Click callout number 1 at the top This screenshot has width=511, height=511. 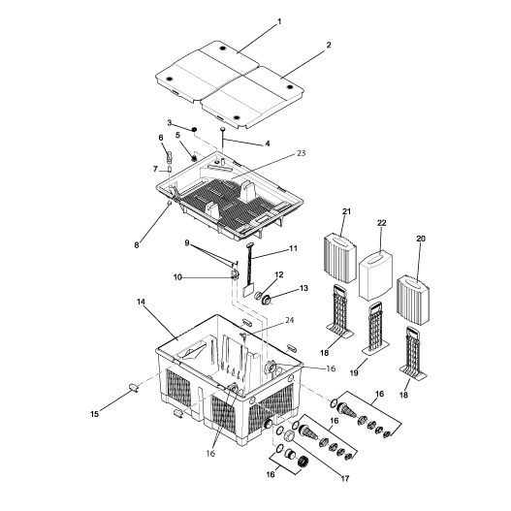[279, 21]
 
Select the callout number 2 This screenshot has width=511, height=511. [329, 46]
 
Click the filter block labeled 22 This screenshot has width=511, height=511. [375, 275]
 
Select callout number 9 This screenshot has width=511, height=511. [187, 242]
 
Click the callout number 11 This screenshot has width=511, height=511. [294, 247]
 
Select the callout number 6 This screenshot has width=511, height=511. [161, 138]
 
